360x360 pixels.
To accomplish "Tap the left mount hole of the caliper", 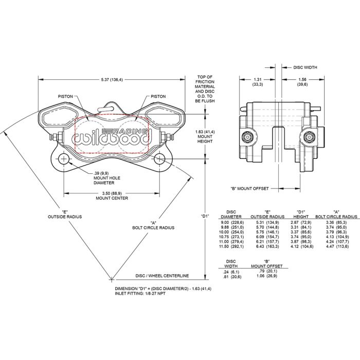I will click(64, 158).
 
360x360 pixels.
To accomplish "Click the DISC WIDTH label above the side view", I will click(305, 67).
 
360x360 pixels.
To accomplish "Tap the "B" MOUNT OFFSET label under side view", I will click(249, 189).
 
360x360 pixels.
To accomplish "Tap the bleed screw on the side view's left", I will click(246, 137).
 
